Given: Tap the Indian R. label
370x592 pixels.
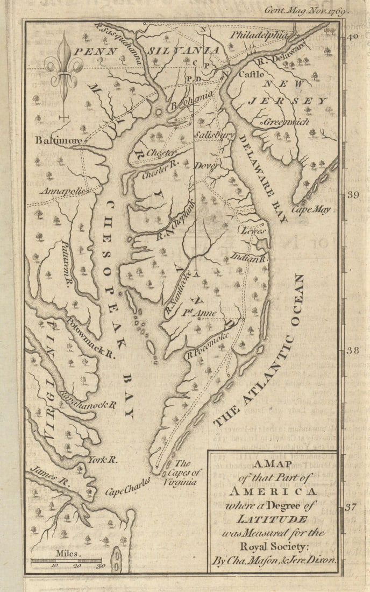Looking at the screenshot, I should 250,258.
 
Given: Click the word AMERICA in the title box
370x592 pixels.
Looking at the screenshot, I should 273,491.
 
